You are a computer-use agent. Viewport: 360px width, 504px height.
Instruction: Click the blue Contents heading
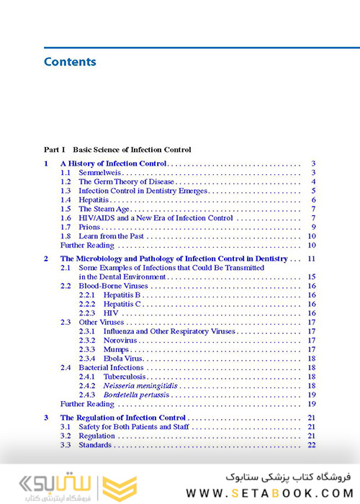(x=70, y=62)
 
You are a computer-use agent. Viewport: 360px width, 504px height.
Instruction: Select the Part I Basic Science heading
(x=117, y=150)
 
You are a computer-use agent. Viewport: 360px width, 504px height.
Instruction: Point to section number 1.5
(x=66, y=209)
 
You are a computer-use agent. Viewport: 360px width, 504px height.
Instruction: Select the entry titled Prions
(x=89, y=227)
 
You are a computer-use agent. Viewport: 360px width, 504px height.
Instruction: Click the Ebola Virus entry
(x=122, y=358)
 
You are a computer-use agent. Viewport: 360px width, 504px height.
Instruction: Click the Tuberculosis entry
(x=124, y=377)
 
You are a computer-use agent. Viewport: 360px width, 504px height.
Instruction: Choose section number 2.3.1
(x=87, y=331)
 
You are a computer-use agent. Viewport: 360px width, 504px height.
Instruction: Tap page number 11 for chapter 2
(x=312, y=258)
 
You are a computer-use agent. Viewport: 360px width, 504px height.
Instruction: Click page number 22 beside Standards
(x=312, y=445)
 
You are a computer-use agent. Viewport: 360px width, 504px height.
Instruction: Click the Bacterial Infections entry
(x=111, y=367)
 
